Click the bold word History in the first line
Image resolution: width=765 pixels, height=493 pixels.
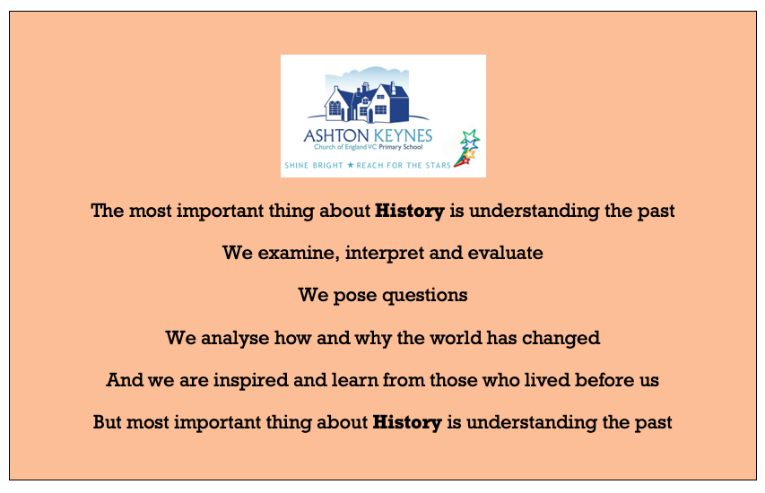point(410,212)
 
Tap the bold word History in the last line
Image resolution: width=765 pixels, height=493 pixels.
point(407,423)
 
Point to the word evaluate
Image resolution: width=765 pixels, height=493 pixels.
point(505,253)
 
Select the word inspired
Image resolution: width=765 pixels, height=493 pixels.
point(251,381)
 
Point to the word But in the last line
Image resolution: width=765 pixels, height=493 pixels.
point(108,422)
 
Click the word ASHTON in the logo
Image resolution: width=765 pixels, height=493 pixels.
point(335,135)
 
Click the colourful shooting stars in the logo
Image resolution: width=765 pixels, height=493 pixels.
point(467,149)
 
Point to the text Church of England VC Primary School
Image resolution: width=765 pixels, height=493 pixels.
point(369,147)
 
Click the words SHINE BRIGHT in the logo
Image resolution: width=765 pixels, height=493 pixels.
point(314,165)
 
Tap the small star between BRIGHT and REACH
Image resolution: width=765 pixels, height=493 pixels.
point(351,165)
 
